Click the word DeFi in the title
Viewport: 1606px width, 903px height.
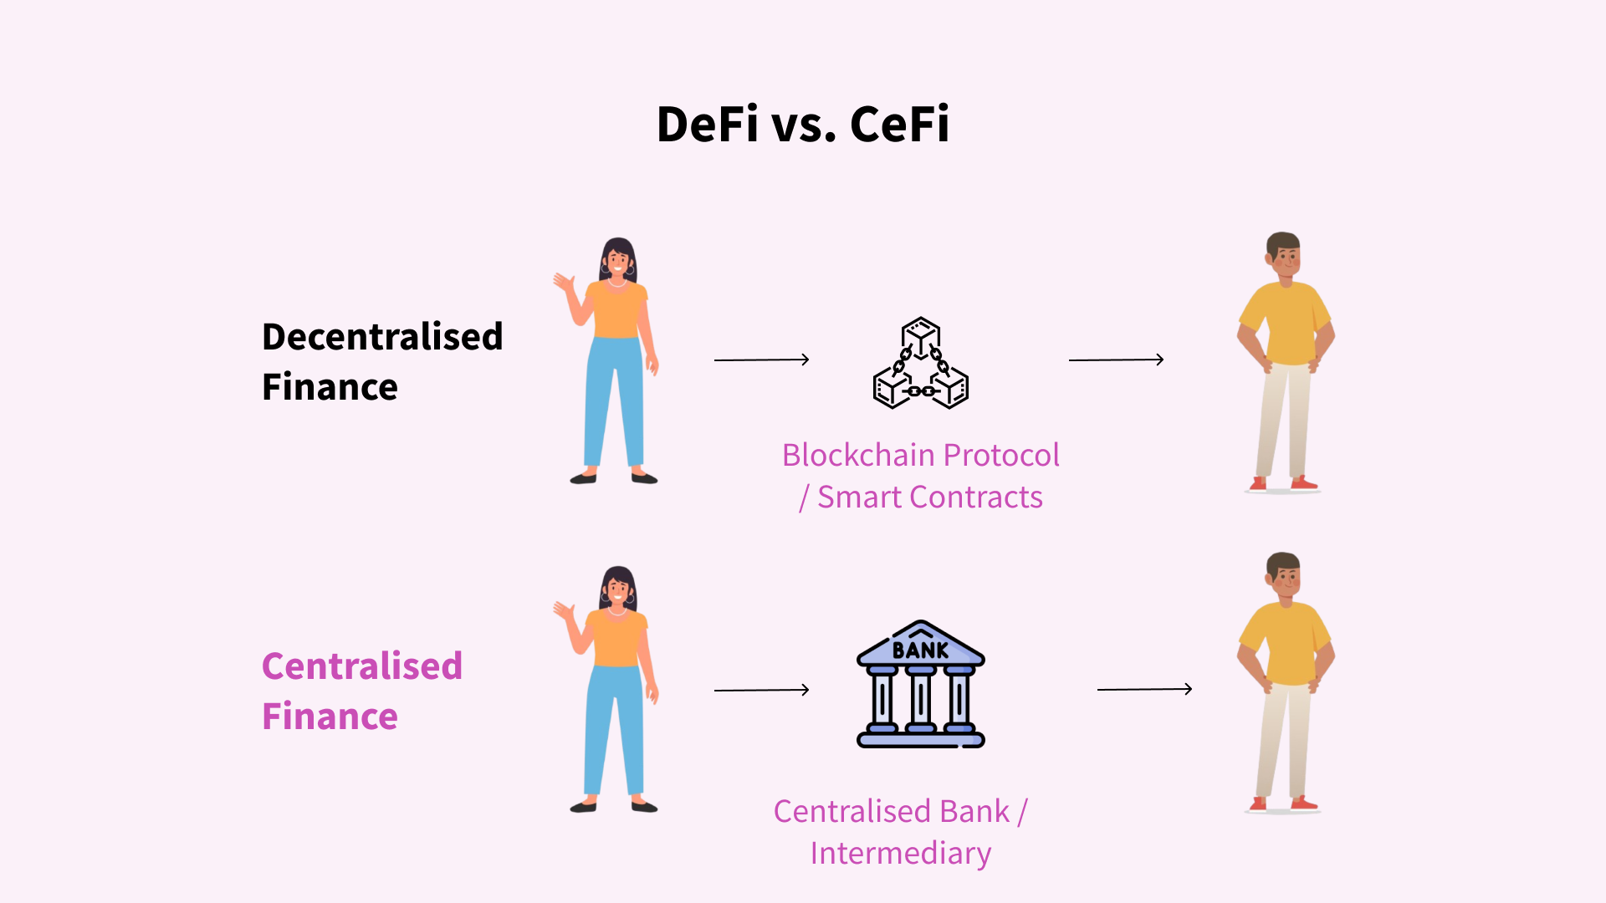[707, 125]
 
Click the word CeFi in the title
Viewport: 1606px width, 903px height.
[899, 125]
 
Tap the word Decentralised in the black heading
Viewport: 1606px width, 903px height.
[382, 337]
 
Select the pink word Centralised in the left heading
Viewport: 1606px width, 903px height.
[361, 666]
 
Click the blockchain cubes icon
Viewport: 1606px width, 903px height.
[920, 365]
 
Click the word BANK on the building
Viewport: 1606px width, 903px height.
[920, 650]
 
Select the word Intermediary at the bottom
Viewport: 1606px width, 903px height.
[900, 854]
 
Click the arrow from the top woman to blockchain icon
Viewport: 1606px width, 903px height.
[761, 360]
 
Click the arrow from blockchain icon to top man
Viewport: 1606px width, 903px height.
[1116, 360]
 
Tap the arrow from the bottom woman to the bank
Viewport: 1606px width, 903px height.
[761, 690]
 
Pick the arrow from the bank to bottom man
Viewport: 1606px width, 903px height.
[1144, 689]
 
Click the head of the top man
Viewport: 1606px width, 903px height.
[1283, 255]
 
